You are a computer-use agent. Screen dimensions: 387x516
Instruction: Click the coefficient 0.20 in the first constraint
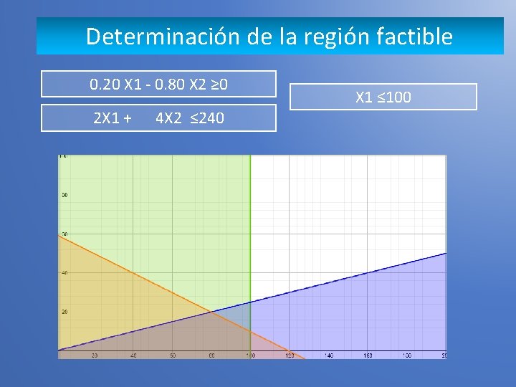[x=105, y=85]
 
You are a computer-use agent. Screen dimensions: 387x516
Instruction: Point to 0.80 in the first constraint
[x=171, y=85]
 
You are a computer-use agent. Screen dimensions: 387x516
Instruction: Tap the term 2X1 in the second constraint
[x=107, y=117]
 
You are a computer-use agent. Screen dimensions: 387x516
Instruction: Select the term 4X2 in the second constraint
[x=170, y=117]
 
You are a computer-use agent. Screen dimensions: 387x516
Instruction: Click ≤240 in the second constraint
[x=208, y=117]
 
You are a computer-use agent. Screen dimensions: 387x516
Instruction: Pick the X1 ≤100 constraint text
[x=383, y=97]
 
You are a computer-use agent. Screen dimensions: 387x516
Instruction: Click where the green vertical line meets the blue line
[x=250, y=302]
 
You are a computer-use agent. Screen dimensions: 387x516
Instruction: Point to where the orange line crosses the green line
[x=250, y=330]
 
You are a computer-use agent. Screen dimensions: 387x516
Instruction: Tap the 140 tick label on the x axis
[x=328, y=355]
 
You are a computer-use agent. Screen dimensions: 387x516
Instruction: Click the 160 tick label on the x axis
[x=367, y=355]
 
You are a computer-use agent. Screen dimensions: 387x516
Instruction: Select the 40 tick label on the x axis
[x=133, y=355]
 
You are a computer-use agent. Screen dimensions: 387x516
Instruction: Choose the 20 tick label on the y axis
[x=64, y=312]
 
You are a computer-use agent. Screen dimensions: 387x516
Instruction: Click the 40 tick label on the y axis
[x=64, y=273]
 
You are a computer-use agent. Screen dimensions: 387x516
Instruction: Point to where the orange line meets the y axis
[x=59, y=235]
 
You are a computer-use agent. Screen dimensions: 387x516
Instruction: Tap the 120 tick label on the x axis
[x=290, y=355]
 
